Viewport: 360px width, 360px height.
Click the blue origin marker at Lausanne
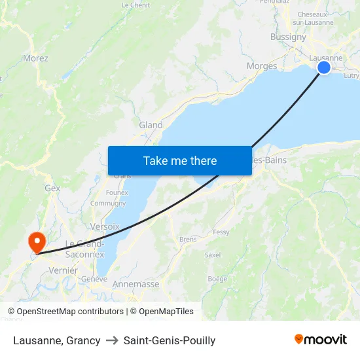coord(323,67)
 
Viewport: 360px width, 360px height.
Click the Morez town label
coord(35,58)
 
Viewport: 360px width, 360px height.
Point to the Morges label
coord(262,66)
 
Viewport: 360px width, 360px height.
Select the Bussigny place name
coord(288,37)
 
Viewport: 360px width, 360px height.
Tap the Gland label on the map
coord(151,125)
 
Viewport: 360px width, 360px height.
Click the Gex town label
coord(52,188)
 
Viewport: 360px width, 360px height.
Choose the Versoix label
coord(105,226)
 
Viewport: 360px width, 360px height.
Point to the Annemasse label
coord(136,284)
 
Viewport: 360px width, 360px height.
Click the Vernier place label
coord(63,270)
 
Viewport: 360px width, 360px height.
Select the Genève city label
coord(94,279)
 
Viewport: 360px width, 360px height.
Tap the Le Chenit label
coord(135,5)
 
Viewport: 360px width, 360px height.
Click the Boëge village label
coord(217,279)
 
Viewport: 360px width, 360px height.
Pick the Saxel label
coord(213,255)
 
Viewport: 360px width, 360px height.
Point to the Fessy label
coord(221,232)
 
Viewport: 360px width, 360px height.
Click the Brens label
coord(188,240)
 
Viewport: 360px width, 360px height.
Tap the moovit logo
coord(320,339)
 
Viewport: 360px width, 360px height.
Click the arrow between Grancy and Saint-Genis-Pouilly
coord(112,340)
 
